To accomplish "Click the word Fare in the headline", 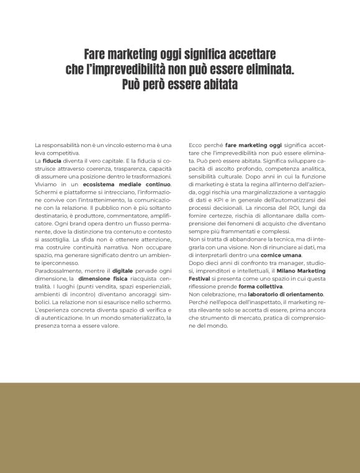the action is coord(97,55).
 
